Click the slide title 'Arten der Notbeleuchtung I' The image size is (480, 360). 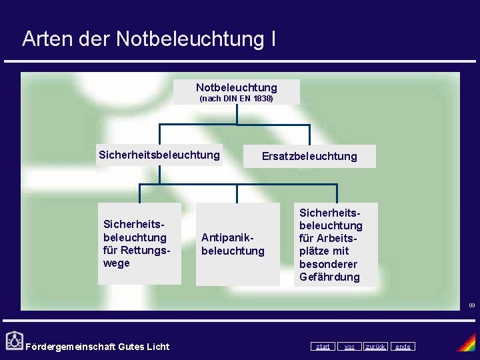[149, 39]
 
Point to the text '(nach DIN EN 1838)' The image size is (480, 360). [237, 99]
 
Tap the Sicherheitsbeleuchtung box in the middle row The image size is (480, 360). [159, 155]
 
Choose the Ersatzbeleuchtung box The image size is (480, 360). [309, 156]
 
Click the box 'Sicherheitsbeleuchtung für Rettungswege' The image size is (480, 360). [139, 243]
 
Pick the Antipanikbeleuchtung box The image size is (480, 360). [237, 244]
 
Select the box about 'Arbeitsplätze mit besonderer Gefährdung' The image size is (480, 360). [335, 245]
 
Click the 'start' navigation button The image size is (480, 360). [323, 346]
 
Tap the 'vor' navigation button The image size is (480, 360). [349, 346]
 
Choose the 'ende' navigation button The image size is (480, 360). [403, 346]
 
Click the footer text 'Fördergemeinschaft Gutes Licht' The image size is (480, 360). [97, 346]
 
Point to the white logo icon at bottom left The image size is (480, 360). [13, 341]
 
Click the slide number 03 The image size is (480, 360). [471, 305]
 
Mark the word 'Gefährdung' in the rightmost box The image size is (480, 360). [329, 277]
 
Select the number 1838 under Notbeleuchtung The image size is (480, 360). [261, 99]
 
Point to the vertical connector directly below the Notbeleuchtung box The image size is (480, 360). [237, 114]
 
